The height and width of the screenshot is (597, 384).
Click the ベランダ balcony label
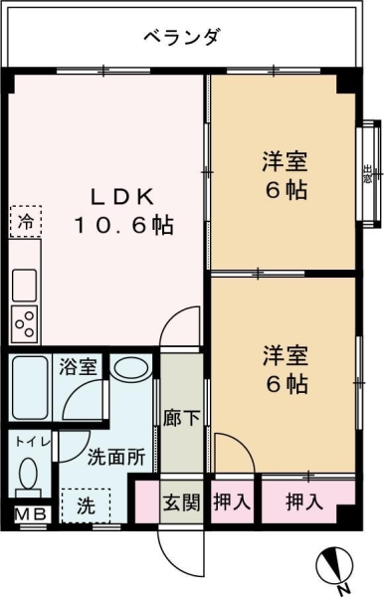point(181,38)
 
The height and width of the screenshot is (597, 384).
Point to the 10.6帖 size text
point(122,225)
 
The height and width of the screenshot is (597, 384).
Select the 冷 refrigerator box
point(26,221)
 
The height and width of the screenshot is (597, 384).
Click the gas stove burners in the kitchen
point(25,321)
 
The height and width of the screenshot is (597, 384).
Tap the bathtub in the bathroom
point(33,382)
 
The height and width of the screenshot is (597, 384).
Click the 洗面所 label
point(116,459)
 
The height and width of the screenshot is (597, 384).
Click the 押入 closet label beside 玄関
point(232,502)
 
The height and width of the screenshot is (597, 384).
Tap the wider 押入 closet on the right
point(304,502)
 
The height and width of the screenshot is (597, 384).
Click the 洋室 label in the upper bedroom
point(285,159)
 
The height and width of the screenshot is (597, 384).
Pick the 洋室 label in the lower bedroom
point(285,355)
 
